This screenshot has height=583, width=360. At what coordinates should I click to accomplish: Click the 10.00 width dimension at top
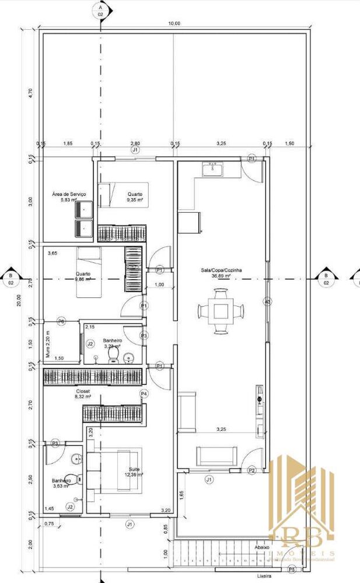(x=174, y=23)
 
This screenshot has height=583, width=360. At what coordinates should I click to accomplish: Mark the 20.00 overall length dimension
(x=19, y=300)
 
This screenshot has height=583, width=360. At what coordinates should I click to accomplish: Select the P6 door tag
(x=61, y=322)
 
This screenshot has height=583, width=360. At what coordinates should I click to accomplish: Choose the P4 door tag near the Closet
(x=144, y=395)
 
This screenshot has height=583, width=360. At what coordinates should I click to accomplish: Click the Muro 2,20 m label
(x=49, y=343)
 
